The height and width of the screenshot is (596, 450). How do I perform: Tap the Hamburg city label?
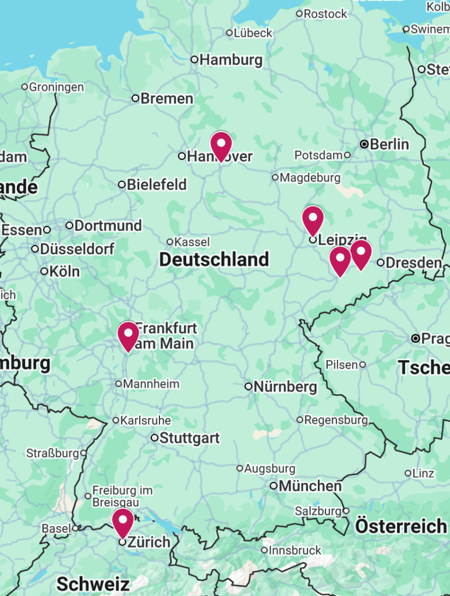click(231, 60)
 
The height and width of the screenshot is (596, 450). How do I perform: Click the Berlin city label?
click(389, 144)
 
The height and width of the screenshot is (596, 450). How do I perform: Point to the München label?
click(310, 485)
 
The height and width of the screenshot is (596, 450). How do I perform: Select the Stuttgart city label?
click(189, 438)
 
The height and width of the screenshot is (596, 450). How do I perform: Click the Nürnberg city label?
click(285, 386)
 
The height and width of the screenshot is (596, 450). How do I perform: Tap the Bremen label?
click(166, 98)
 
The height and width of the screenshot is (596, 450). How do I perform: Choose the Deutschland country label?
click(214, 260)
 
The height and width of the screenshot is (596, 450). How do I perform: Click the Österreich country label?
click(401, 526)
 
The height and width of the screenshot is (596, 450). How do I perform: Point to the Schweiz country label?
click(93, 583)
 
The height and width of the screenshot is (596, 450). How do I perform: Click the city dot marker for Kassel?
click(170, 242)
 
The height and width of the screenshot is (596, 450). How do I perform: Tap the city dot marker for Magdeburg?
click(275, 178)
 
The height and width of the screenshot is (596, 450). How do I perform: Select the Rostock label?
click(325, 13)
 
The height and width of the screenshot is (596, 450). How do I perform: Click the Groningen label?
click(56, 87)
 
